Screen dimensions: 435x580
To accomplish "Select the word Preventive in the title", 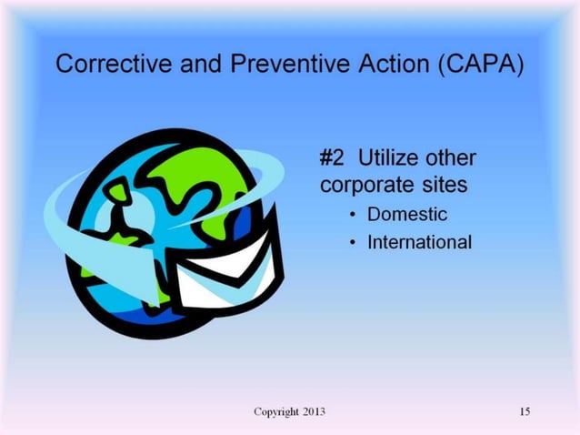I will [x=266, y=66].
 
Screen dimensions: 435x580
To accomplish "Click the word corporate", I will [x=363, y=186].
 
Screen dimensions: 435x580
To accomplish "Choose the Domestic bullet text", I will [x=407, y=215].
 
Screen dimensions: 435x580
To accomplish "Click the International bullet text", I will [x=419, y=243].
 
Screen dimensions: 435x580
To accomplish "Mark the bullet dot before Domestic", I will [x=351, y=216].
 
